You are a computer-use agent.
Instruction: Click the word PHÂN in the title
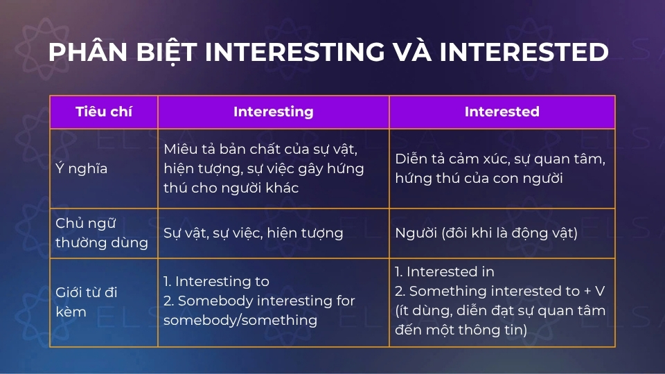[x=88, y=52]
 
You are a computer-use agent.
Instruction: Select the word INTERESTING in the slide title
[x=295, y=52]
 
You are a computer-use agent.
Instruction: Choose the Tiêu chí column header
[x=103, y=112]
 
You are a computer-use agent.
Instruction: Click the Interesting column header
[x=273, y=112]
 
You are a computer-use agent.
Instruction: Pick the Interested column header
[x=502, y=112]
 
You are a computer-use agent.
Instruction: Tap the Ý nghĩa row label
[x=82, y=168]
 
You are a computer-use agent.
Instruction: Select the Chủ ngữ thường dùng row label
[x=102, y=233]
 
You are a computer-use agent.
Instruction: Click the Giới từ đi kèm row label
[x=86, y=302]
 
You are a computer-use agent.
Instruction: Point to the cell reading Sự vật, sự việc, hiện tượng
[x=254, y=233]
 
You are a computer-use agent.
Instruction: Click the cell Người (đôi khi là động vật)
[x=486, y=233]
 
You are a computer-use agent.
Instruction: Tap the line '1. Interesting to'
[x=216, y=281]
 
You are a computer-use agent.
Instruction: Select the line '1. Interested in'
[x=445, y=271]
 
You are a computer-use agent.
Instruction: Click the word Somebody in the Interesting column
[x=215, y=301]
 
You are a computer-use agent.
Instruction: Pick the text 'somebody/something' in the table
[x=240, y=320]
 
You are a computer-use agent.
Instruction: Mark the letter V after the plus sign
[x=600, y=291]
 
